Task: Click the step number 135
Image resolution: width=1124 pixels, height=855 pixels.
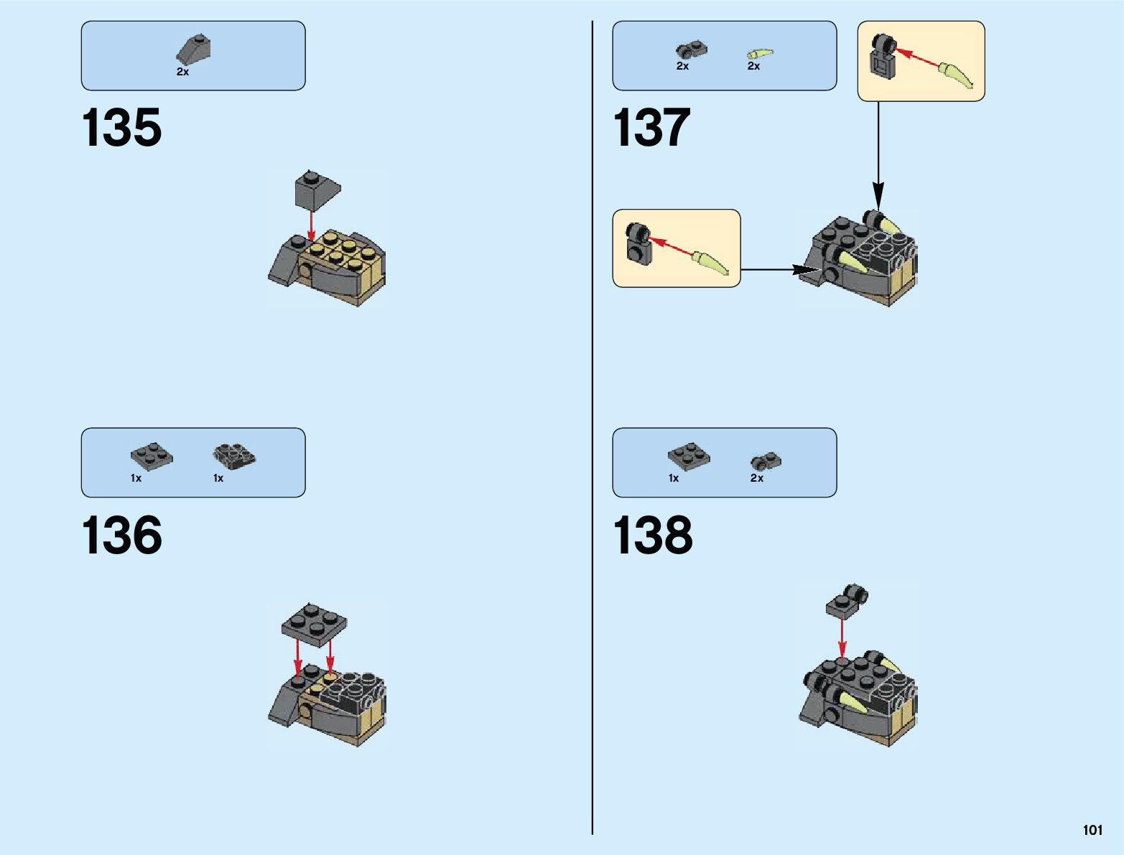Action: pos(121,129)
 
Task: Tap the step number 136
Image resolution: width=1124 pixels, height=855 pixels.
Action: pos(121,536)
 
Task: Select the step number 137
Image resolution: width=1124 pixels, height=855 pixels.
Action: pos(651,129)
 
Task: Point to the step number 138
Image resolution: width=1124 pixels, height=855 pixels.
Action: pos(652,536)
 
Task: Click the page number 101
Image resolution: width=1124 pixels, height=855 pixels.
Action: pos(1092,831)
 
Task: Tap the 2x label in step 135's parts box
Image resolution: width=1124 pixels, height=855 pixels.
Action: pos(182,72)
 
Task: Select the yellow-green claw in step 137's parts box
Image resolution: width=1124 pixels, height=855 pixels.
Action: pos(759,53)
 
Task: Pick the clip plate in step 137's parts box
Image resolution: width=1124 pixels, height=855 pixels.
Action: pos(691,50)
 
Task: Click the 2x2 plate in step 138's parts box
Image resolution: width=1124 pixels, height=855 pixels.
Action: pos(689,455)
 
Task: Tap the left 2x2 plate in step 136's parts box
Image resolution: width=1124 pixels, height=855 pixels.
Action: pos(152,456)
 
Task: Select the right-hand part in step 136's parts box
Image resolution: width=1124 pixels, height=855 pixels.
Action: pos(235,455)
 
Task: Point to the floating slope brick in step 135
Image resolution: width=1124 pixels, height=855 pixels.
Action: pos(317,190)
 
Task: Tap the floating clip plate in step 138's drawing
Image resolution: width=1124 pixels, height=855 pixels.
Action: pos(847,602)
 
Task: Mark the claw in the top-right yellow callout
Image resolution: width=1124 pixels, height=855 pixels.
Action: pos(957,75)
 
